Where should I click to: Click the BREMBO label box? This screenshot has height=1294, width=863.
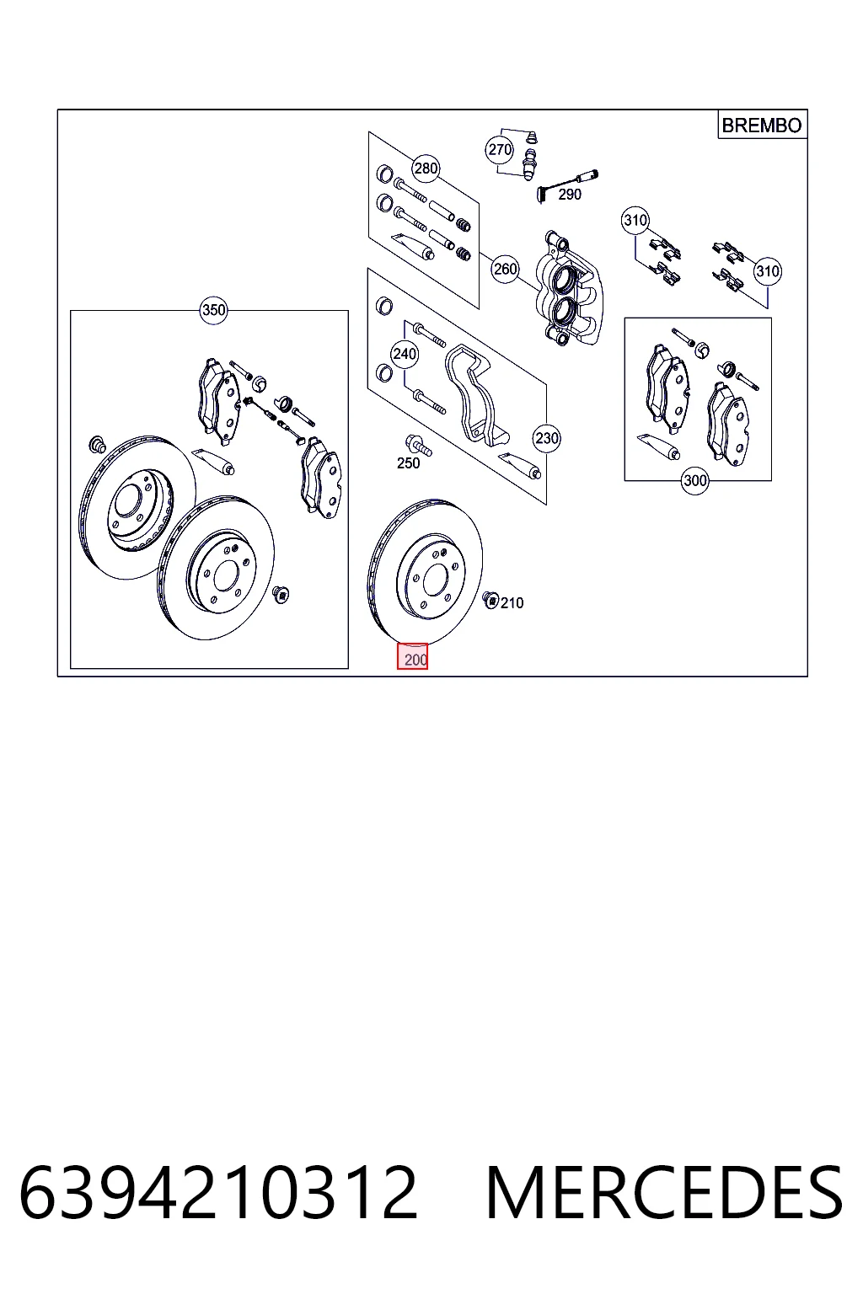coord(762,125)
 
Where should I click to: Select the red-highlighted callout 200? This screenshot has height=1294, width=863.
coord(412,657)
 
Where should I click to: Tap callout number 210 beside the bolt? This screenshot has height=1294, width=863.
coord(512,603)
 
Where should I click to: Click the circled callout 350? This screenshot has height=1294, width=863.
coord(213,310)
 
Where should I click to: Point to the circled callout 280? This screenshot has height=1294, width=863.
coord(426,168)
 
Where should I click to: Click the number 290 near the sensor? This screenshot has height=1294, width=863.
coord(570,195)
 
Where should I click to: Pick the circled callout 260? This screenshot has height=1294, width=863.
coord(505,270)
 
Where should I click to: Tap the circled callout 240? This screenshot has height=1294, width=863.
coord(405,354)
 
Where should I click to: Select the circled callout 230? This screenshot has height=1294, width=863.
coord(547,438)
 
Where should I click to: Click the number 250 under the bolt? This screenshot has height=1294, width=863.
coord(408,463)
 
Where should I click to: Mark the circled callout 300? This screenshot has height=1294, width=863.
coord(694,481)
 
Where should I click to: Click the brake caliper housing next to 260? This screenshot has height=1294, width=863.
coord(569,288)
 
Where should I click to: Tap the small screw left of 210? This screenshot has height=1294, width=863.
coord(490,601)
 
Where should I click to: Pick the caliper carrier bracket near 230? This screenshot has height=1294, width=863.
coord(475,396)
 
